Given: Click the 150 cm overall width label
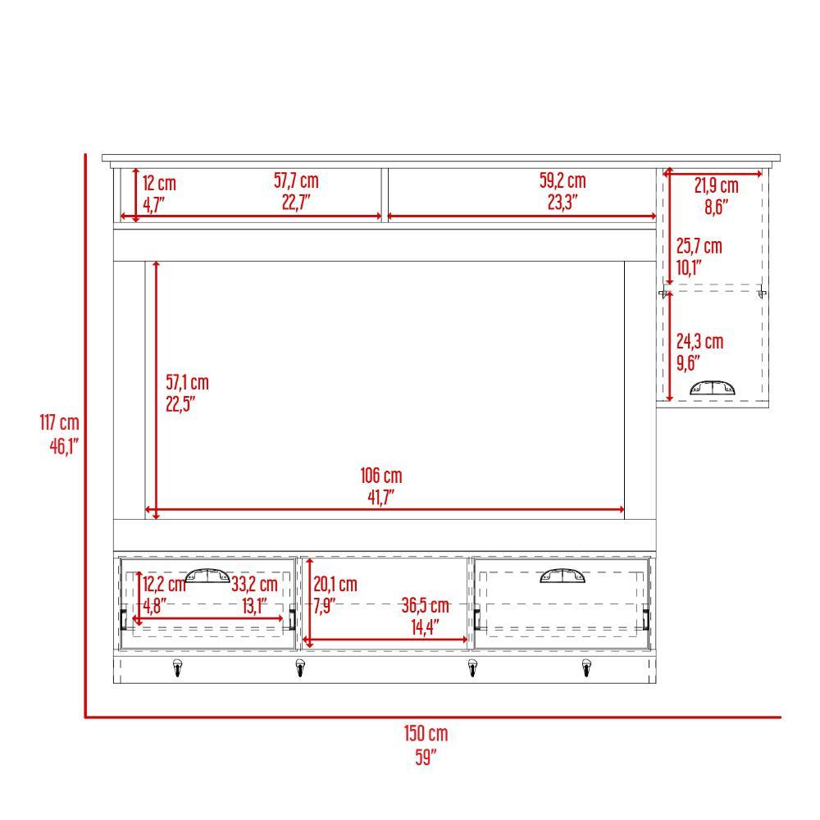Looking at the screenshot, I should (426, 733).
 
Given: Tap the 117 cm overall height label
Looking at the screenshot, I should (59, 423).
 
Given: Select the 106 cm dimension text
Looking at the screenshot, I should (381, 476).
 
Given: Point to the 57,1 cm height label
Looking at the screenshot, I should (187, 382).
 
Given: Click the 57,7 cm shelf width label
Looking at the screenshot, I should (296, 181).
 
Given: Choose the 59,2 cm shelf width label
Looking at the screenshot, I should (563, 181).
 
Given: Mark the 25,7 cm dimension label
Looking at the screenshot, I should (699, 246).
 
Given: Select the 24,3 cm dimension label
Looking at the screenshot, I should (699, 342).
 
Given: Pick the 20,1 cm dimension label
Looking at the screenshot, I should (335, 585).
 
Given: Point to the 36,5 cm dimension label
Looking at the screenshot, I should (426, 606).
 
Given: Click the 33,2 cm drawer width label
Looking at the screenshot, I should (254, 585).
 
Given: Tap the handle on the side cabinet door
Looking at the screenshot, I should (712, 388).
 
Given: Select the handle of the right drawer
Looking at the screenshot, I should (563, 576).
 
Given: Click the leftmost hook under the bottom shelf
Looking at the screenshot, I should (176, 670).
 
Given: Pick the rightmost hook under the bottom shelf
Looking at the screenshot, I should (587, 670).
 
